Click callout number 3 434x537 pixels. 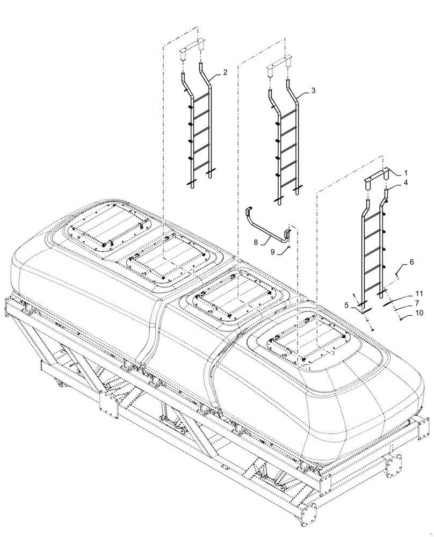(313, 91)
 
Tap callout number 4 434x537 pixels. (406, 183)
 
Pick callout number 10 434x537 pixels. (419, 312)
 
